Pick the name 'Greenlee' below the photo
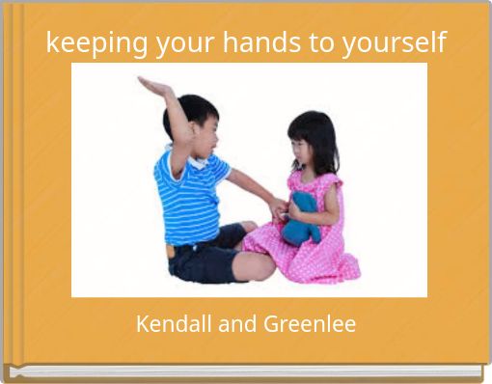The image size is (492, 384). coord(311,324)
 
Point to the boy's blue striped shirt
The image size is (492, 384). coord(191,197)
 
